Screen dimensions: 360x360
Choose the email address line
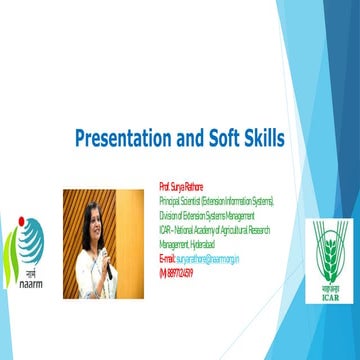200,257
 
